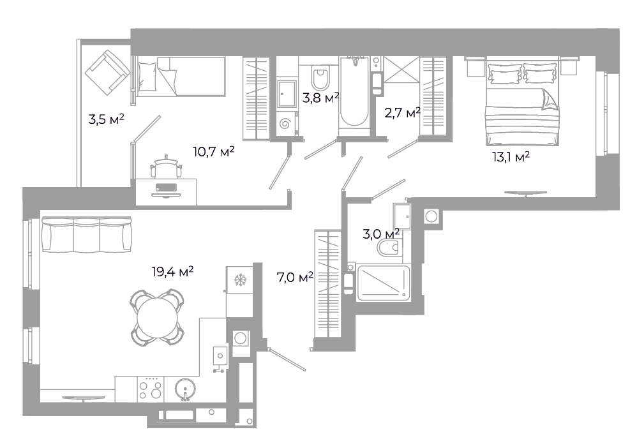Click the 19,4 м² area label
coord(173,271)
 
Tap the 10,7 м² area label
coord(214,152)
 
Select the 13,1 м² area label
coord(511,156)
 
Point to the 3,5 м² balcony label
coord(106,119)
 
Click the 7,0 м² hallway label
coord(295,278)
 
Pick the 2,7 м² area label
coord(402,112)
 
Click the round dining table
coord(157,317)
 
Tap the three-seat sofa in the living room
coord(87,235)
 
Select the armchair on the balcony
coord(107,72)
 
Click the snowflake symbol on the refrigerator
coord(240,280)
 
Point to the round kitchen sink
coord(186,389)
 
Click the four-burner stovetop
coord(150,389)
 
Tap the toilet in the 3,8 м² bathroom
coord(320,77)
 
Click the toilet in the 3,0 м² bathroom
coord(389,248)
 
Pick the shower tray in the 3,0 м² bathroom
coord(384,283)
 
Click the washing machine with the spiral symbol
coord(286,123)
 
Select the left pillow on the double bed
coord(505,74)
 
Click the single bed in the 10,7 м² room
coord(181,77)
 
